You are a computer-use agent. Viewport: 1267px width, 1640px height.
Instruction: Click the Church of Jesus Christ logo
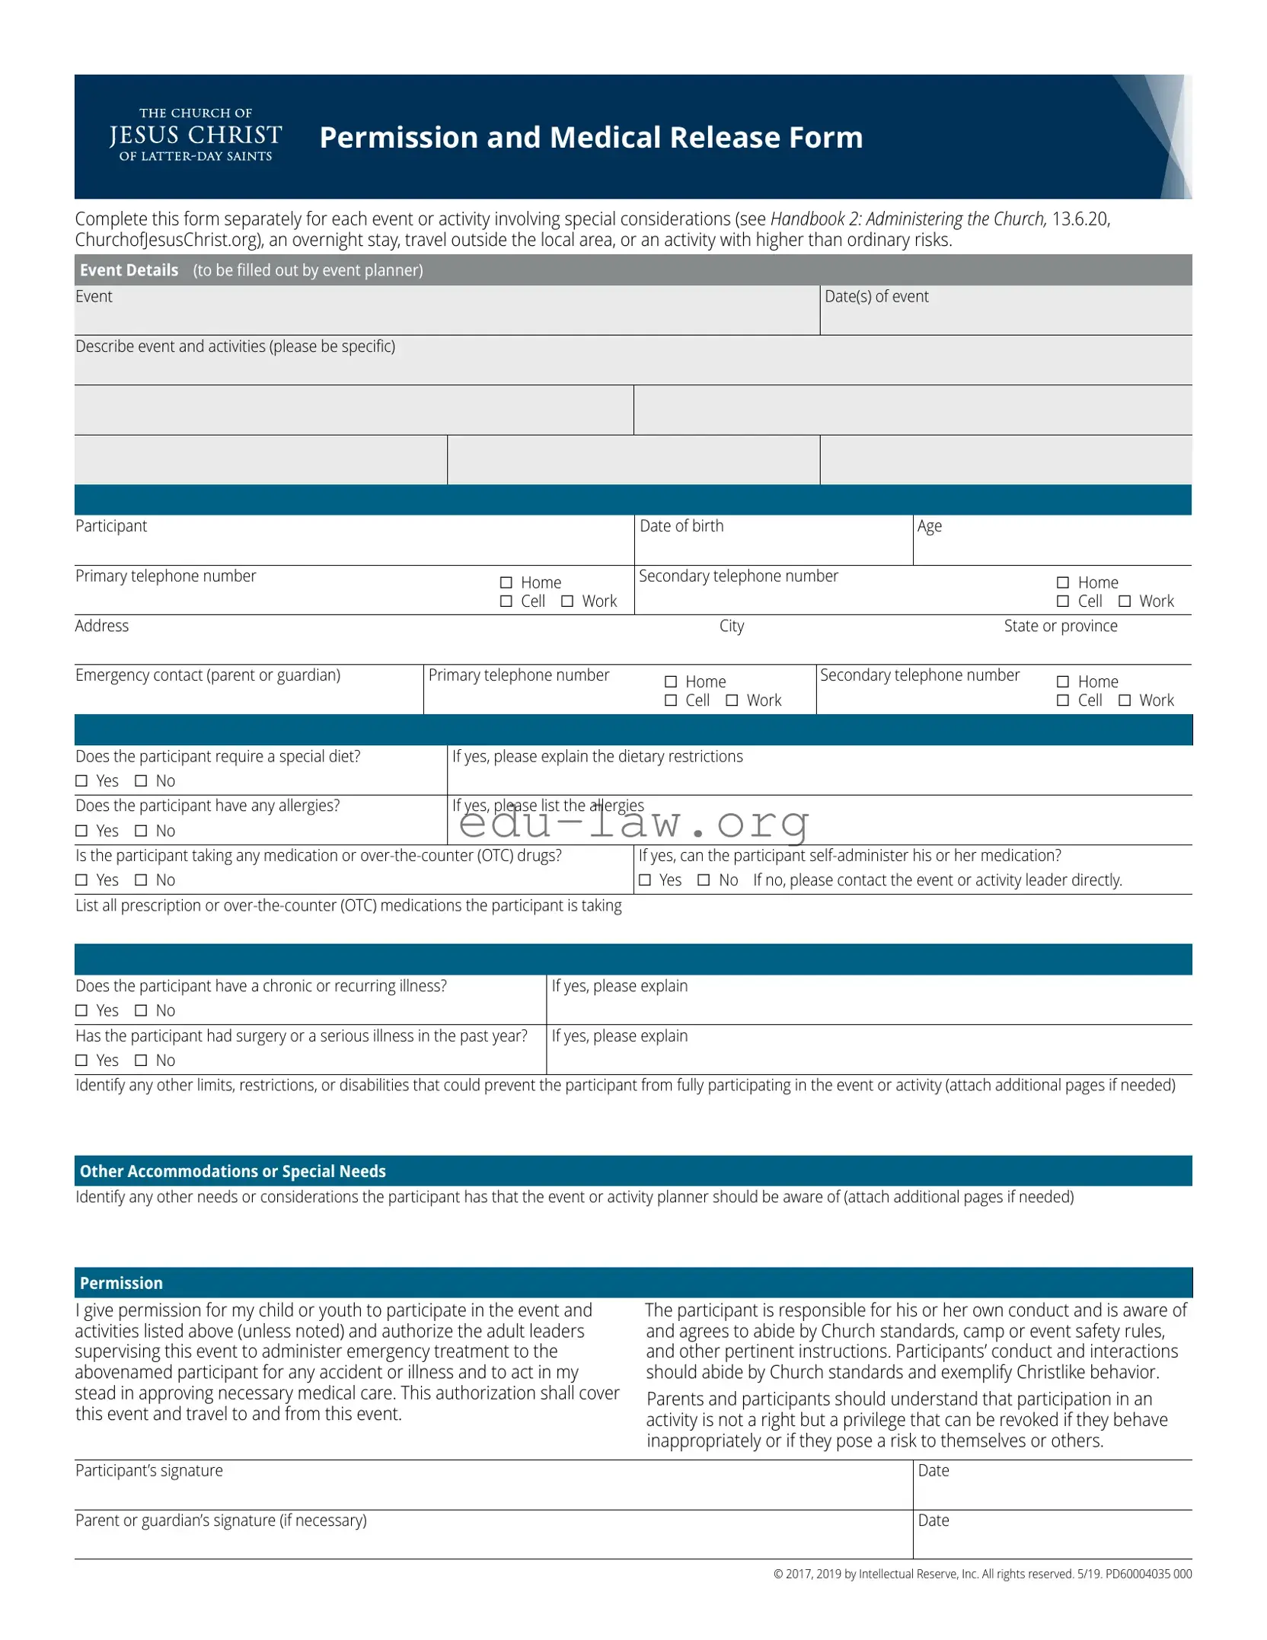coord(196,135)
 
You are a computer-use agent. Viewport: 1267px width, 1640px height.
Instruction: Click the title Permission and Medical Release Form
coord(591,138)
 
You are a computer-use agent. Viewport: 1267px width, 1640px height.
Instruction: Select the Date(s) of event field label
coord(876,297)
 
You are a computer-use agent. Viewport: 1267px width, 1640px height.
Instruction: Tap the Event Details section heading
coord(129,270)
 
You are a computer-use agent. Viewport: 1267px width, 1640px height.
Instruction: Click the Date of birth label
coord(681,526)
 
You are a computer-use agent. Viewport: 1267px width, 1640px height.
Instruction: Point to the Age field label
coord(929,526)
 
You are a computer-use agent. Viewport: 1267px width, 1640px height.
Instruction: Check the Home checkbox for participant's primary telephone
coord(506,582)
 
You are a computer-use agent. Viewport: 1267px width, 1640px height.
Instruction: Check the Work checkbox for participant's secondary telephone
coord(1125,601)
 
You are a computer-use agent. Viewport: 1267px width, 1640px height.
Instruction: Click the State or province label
coord(1060,626)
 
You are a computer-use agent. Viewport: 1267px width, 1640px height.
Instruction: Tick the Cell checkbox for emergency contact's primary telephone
coord(671,700)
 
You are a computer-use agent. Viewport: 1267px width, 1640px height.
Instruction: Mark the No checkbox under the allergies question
coord(141,831)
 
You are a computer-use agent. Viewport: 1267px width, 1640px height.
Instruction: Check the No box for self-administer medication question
coord(704,880)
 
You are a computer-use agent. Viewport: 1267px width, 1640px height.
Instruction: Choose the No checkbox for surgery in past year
coord(141,1061)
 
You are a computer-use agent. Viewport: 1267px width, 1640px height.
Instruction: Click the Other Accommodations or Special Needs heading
coord(233,1171)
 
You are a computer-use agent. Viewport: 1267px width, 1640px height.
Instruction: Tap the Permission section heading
coord(121,1283)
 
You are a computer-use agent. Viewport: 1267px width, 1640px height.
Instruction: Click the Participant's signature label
coord(149,1470)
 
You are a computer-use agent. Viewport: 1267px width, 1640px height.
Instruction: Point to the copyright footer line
coord(982,1574)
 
